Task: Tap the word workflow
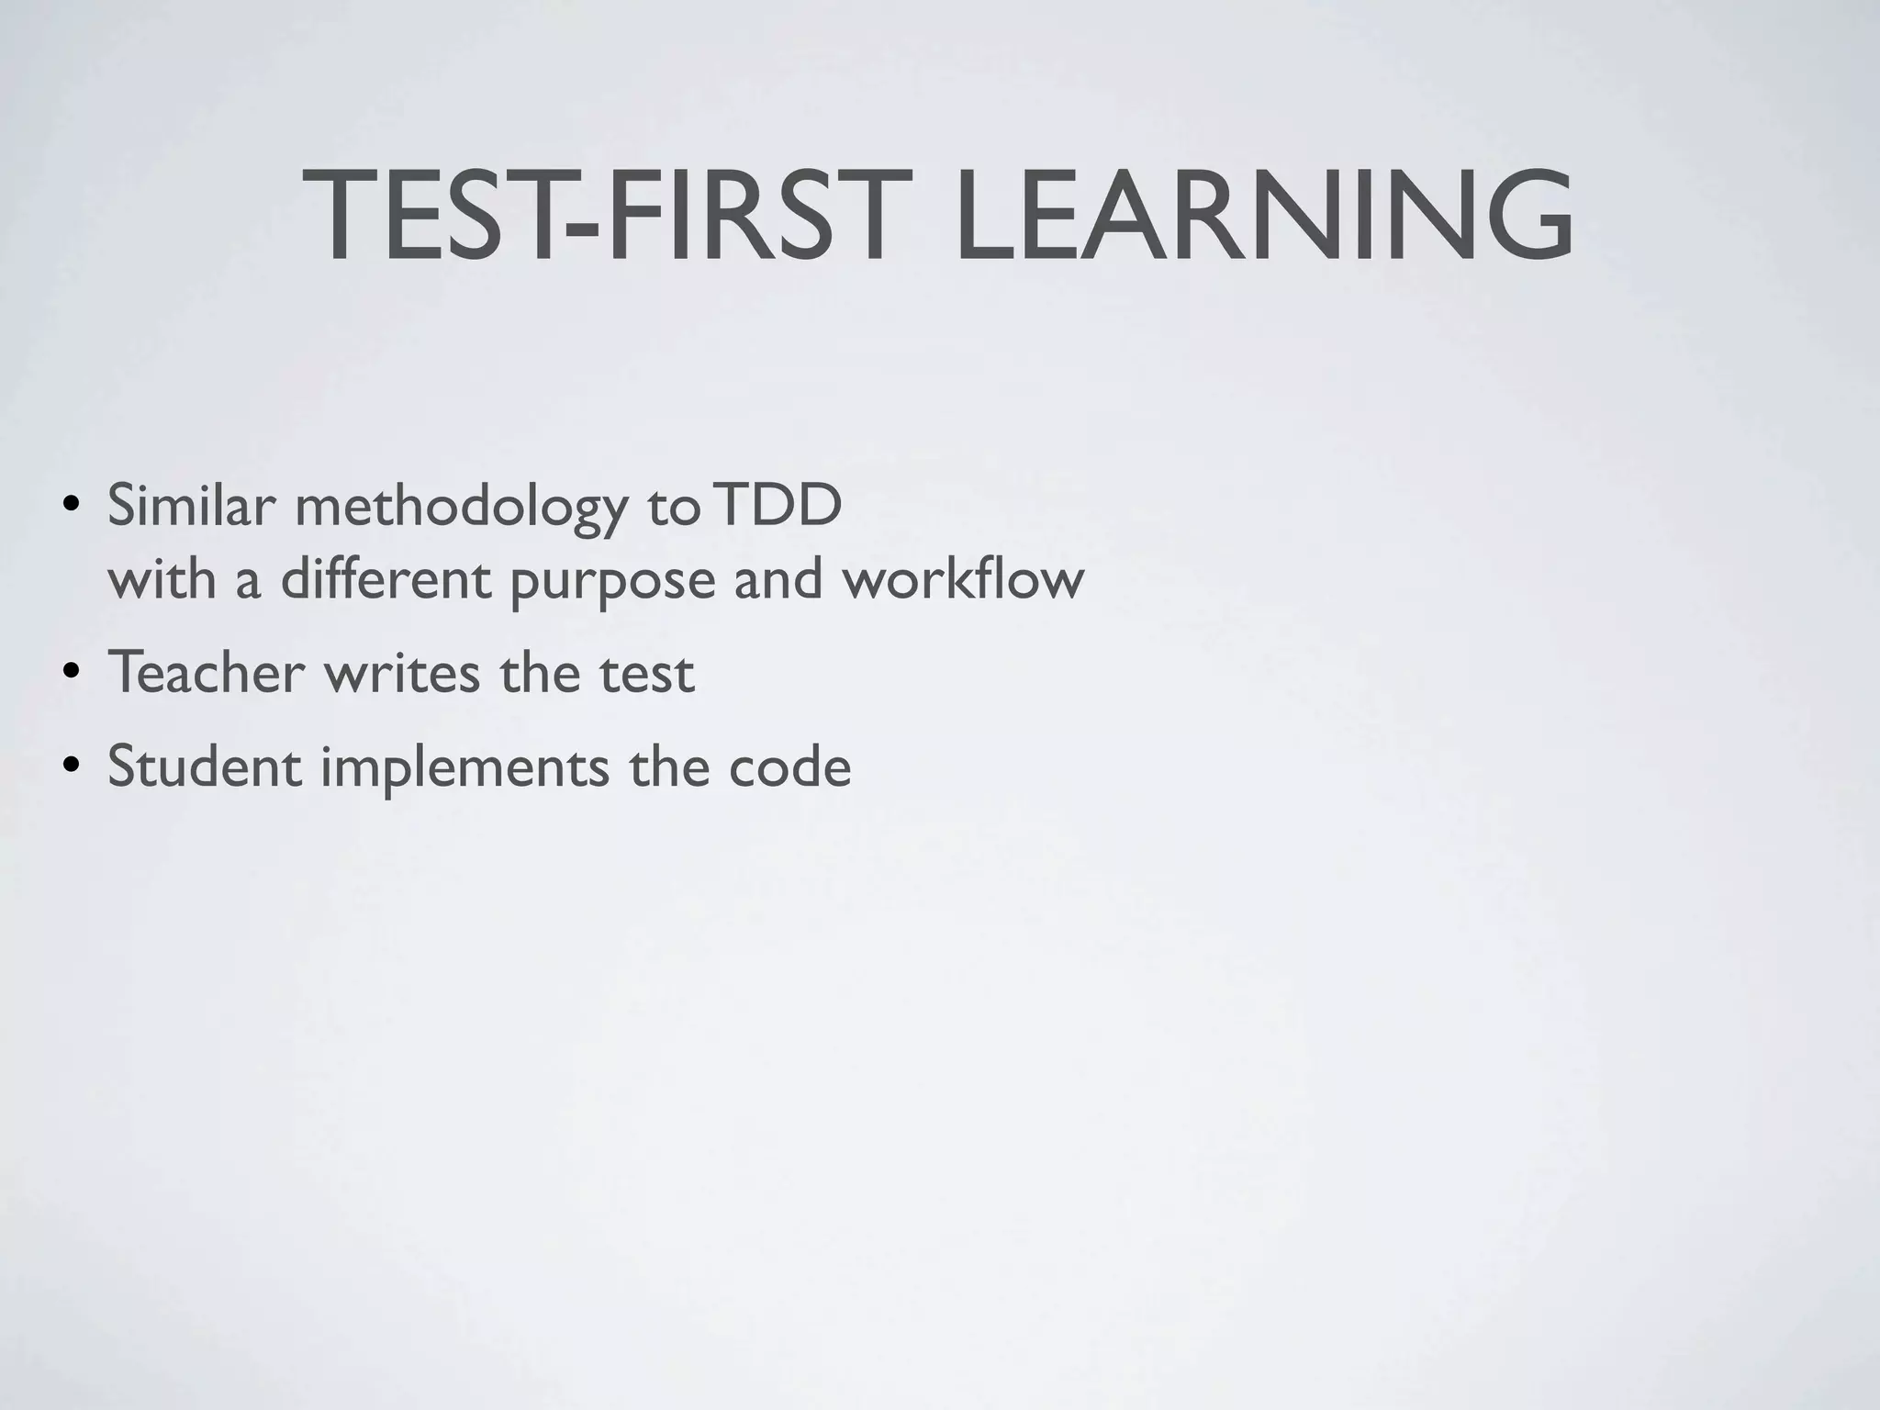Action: pos(964,580)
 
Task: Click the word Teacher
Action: pos(206,672)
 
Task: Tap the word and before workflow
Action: pos(778,580)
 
